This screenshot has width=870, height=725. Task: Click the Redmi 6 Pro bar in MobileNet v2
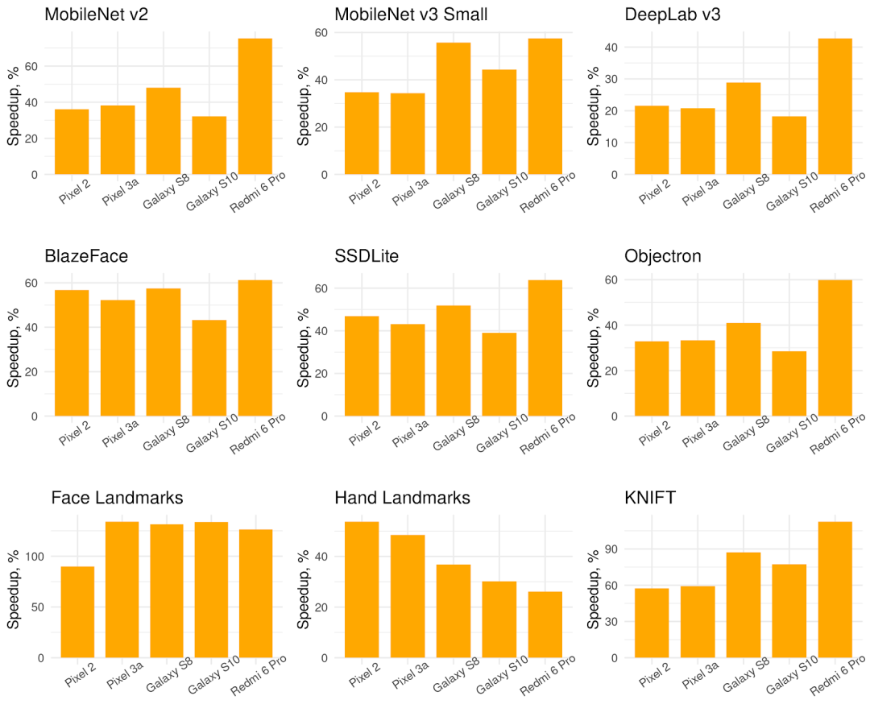click(255, 106)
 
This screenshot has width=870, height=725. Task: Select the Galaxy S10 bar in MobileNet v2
click(209, 145)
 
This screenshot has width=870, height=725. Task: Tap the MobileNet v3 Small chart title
click(411, 14)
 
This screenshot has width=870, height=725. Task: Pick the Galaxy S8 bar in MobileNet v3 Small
click(454, 109)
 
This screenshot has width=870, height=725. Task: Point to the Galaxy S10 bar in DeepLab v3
click(789, 145)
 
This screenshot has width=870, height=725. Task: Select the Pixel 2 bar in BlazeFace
click(72, 353)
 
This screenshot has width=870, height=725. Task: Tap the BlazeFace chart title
click(86, 256)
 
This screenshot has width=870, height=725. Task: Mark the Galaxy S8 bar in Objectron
click(744, 370)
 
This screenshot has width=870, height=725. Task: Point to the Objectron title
click(663, 256)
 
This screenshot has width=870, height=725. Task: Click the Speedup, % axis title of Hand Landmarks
click(304, 590)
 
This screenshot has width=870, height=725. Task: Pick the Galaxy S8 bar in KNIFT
click(744, 605)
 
